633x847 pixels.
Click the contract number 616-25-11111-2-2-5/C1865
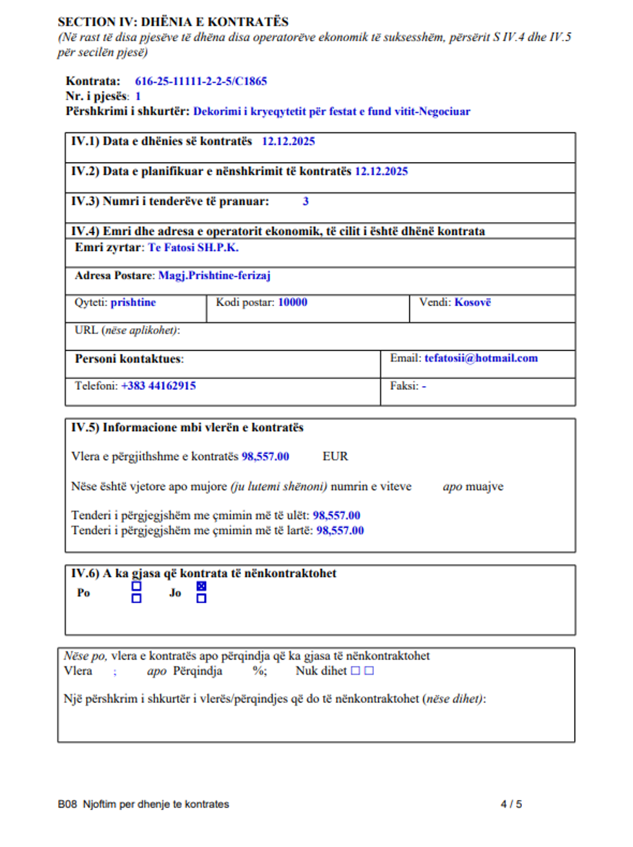pos(200,81)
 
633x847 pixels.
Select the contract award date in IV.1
pos(288,141)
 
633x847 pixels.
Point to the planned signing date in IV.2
pos(381,171)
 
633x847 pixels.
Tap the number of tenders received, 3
pos(306,201)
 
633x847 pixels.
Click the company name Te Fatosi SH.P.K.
pos(193,248)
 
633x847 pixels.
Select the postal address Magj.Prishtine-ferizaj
pos(214,276)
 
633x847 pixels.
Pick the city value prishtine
pos(133,302)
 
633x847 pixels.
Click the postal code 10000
pos(293,302)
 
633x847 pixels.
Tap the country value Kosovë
pos(472,302)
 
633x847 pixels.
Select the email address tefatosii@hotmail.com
pos(481,358)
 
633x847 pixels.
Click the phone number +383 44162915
pos(158,386)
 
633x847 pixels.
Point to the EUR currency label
pos(335,456)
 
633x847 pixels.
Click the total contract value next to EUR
pos(265,456)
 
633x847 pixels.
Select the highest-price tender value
pos(340,531)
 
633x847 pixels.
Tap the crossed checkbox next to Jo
pos(202,586)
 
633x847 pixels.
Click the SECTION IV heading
pos(173,22)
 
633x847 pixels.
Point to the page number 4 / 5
pos(511,804)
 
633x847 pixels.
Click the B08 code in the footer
pos(67,804)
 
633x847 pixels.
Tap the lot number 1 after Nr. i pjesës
pos(138,96)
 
